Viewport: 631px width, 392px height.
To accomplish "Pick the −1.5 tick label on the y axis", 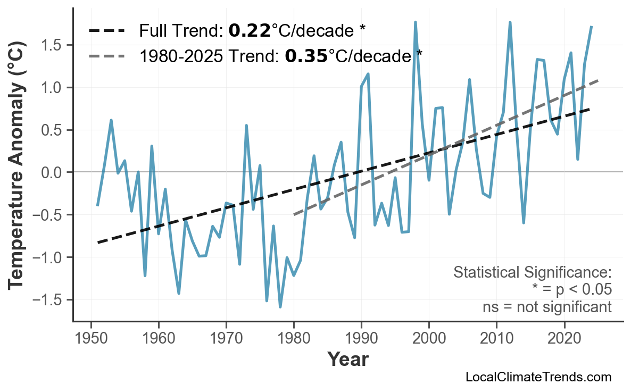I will coord(48,300).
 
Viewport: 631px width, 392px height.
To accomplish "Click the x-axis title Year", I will coord(347,360).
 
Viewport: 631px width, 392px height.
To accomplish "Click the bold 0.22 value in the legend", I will coord(249,31).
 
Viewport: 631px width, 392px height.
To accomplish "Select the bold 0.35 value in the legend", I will coord(306,55).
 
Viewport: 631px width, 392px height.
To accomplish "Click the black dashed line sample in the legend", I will coord(107,31).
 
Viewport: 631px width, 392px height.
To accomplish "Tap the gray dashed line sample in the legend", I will coord(107,55).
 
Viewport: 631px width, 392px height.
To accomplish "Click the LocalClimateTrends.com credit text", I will coord(538,377).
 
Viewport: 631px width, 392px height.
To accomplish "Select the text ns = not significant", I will coord(547,307).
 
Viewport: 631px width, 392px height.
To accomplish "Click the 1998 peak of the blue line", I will coord(415,22).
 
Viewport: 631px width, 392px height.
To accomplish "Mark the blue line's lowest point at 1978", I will coord(280,307).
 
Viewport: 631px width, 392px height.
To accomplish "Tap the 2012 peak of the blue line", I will coord(510,22).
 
